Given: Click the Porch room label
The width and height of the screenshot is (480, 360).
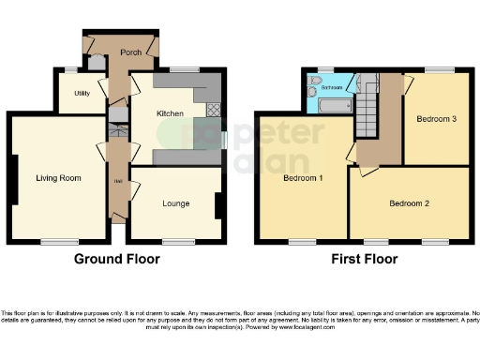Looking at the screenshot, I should coord(130,52).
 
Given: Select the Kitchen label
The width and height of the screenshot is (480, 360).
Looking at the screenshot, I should coord(170,113).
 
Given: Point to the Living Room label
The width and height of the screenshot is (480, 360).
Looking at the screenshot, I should coord(58,178).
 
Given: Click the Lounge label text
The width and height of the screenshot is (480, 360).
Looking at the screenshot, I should coord(175,203).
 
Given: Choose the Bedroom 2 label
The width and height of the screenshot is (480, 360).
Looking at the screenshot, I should coord(410,203).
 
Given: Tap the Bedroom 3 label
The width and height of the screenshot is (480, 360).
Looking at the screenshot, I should coord(437,119).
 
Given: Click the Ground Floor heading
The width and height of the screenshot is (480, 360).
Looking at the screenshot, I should coord(115,260).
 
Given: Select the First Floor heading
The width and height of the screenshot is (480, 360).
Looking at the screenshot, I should coord(362,260).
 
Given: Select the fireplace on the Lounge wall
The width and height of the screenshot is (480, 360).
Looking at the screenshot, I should coord(218,204).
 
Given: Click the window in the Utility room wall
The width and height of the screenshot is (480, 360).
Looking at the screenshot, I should coord(71,71).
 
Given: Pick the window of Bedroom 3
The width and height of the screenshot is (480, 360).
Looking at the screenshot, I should coord(437,70).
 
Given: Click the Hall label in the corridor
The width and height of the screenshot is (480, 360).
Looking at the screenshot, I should coord(118,180).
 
